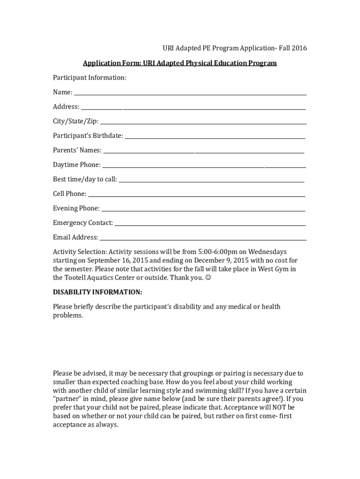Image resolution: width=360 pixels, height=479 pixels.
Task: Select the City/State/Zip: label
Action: click(76, 121)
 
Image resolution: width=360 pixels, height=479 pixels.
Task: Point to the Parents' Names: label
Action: click(77, 150)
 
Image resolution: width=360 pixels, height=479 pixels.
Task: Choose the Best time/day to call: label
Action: click(85, 179)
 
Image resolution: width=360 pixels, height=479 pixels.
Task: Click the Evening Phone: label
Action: click(76, 208)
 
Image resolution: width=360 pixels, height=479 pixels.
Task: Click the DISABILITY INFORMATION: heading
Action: click(97, 292)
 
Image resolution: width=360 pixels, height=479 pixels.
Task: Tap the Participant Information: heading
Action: click(89, 78)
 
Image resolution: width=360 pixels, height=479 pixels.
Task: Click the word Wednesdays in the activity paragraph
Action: click(267, 252)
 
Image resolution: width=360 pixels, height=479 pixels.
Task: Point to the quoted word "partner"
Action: click(67, 399)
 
